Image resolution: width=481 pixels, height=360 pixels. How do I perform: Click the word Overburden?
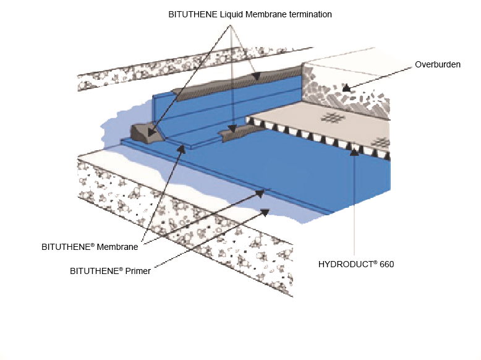[x=438, y=64]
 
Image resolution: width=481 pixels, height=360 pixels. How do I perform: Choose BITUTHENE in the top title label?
[x=189, y=14]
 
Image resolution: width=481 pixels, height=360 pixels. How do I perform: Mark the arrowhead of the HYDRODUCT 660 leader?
[x=354, y=151]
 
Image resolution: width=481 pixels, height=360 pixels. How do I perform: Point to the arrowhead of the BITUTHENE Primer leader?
[x=267, y=212]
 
